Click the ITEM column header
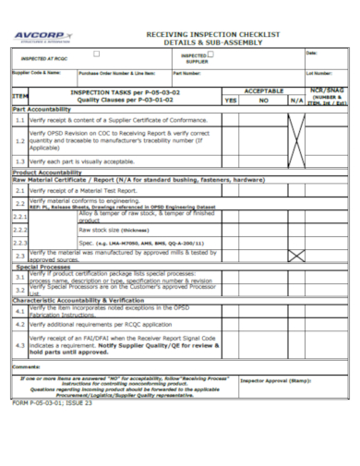[19, 96]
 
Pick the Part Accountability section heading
[42, 109]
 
